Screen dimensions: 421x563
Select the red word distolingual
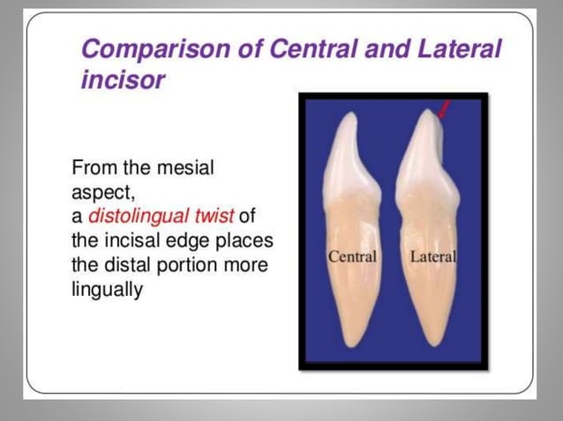pyautogui.click(x=137, y=217)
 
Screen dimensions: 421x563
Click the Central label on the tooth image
pyautogui.click(x=352, y=257)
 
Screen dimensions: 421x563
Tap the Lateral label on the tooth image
pyautogui.click(x=433, y=257)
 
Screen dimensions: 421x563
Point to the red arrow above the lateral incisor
pyautogui.click(x=446, y=110)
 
